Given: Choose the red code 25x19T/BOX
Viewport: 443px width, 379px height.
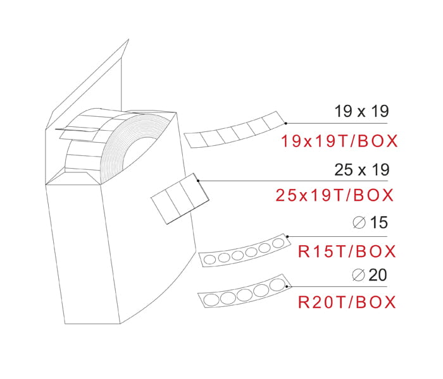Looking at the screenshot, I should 335,195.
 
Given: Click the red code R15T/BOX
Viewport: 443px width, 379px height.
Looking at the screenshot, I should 347,251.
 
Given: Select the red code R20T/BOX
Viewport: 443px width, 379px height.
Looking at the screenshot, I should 347,302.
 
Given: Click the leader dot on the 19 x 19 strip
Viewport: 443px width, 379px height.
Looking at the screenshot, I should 285,123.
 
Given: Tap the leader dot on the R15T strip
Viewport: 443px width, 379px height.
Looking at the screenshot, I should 288,236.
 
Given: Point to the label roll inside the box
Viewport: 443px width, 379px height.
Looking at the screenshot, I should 136,142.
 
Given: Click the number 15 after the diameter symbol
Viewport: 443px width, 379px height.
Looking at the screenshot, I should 378,222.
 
